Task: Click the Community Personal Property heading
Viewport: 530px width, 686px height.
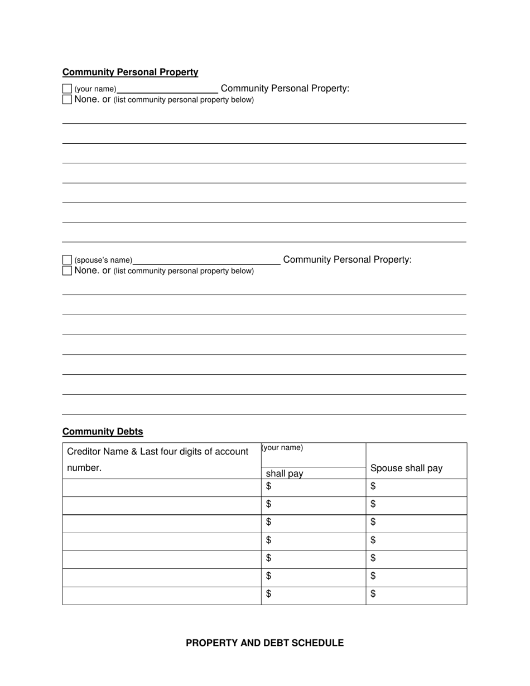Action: [x=130, y=72]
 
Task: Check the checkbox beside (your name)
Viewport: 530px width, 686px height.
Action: [x=67, y=89]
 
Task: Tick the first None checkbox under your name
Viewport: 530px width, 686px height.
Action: [x=67, y=100]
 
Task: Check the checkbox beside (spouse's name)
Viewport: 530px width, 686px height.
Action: [x=67, y=260]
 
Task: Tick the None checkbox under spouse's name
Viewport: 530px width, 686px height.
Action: [x=67, y=270]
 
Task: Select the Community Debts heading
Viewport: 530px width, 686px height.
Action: [x=103, y=432]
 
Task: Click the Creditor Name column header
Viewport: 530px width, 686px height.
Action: [x=157, y=451]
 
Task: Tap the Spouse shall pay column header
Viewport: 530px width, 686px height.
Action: [x=406, y=468]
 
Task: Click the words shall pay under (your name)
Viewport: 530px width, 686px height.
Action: [x=285, y=474]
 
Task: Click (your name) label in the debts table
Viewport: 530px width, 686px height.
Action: [x=282, y=448]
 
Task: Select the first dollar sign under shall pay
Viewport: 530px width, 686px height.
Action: [x=269, y=486]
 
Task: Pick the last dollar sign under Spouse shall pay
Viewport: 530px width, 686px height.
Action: [x=373, y=594]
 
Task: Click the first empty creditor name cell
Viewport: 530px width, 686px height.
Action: [x=162, y=487]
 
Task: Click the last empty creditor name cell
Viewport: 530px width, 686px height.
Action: [x=162, y=596]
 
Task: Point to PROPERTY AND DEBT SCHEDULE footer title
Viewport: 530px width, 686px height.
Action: [x=264, y=643]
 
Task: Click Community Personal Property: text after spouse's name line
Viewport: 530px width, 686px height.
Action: [x=347, y=259]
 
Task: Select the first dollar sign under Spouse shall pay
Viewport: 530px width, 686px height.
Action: [x=373, y=486]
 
